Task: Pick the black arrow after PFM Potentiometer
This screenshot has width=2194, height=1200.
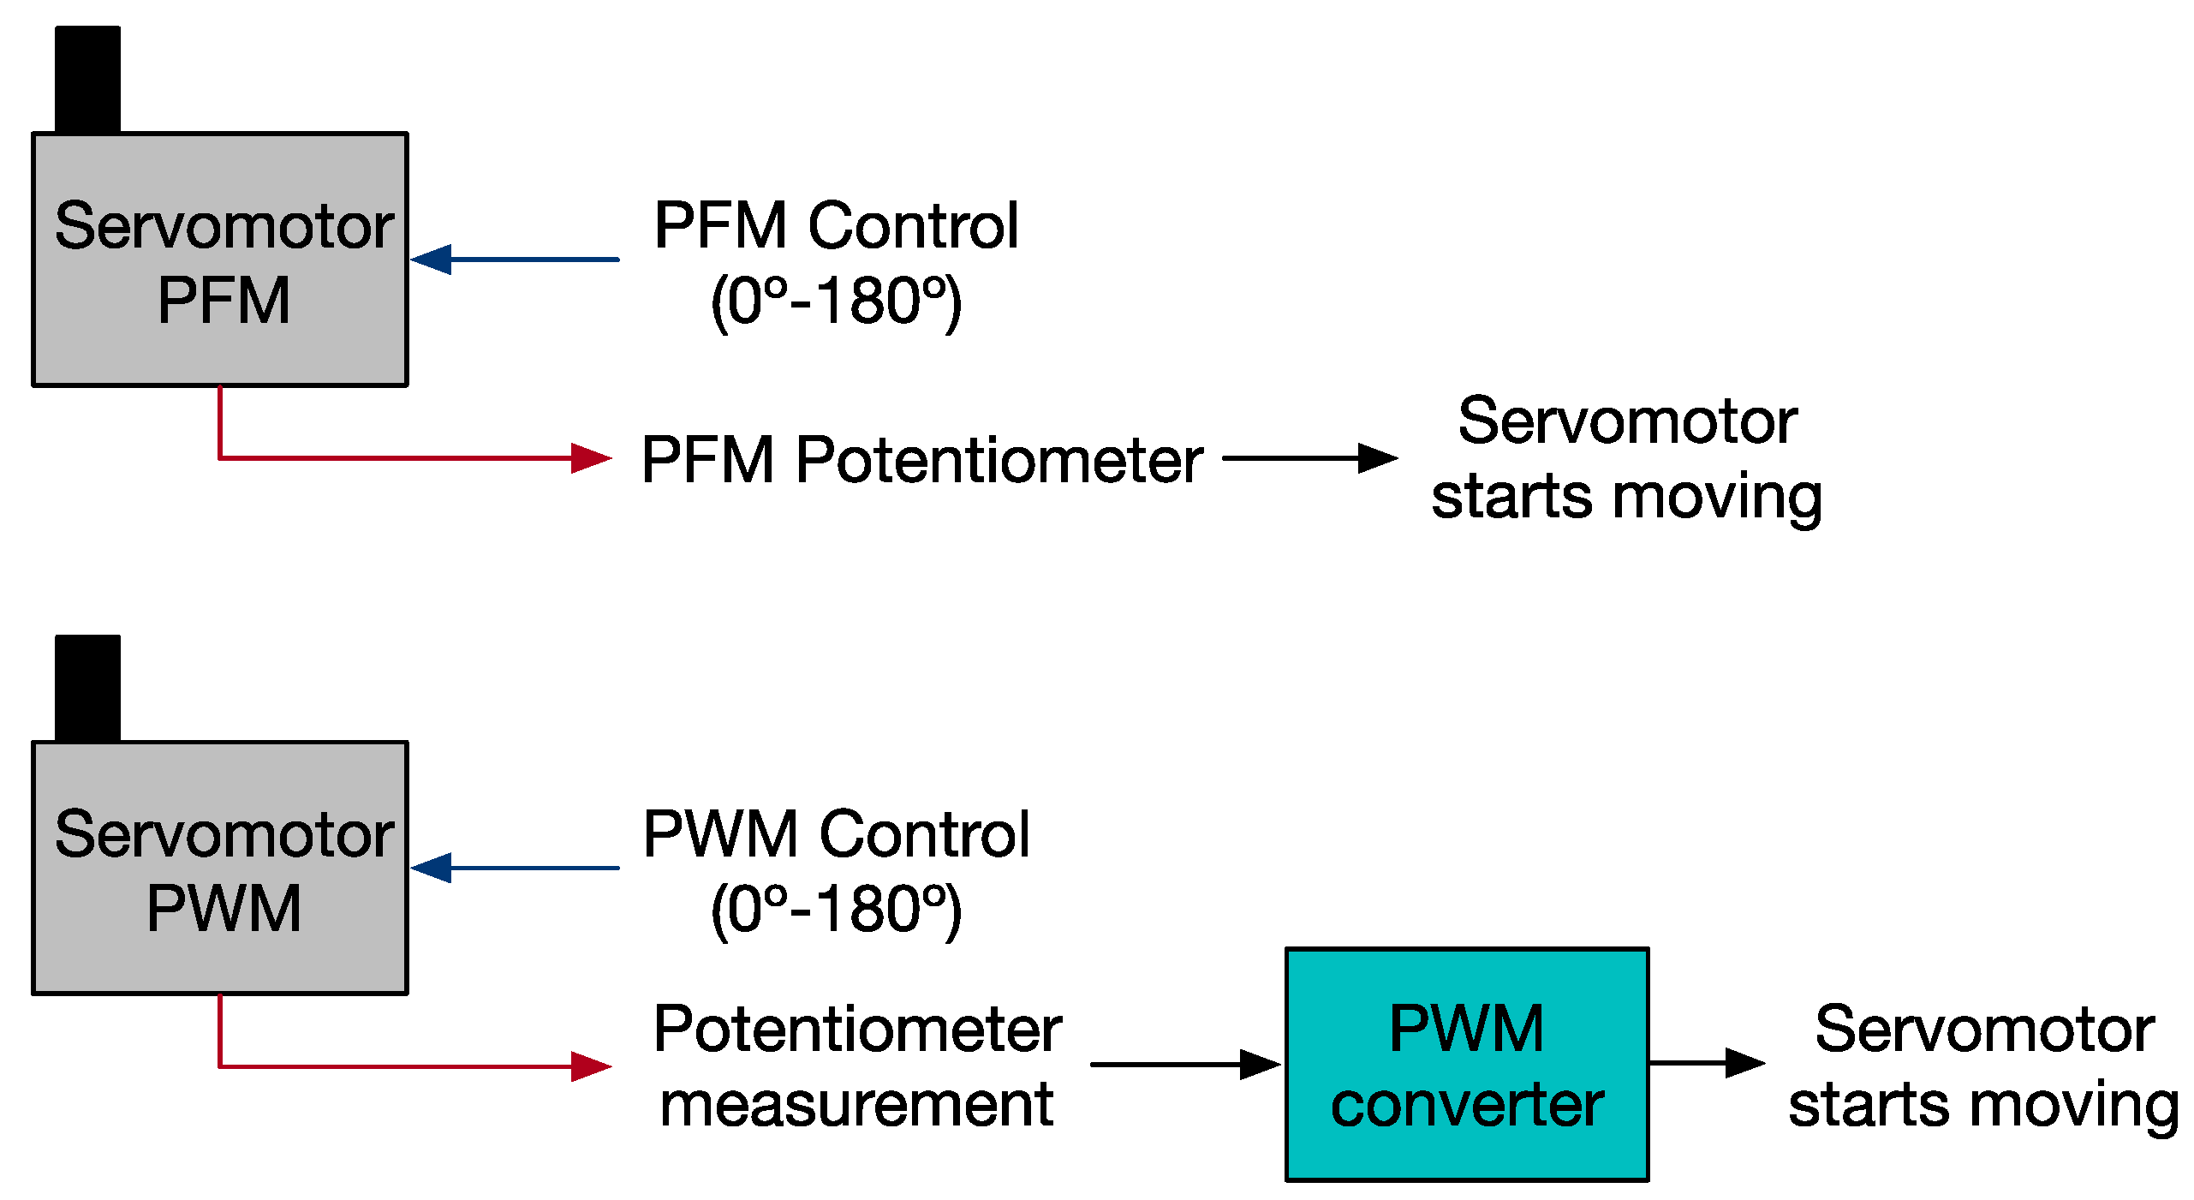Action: point(1310,458)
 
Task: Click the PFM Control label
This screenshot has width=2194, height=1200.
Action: point(836,226)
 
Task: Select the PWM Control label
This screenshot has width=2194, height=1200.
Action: point(836,834)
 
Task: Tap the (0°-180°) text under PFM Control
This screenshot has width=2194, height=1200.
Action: point(836,301)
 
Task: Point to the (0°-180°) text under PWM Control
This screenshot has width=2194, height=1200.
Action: point(836,910)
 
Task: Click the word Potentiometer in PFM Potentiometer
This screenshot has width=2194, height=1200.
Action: point(999,461)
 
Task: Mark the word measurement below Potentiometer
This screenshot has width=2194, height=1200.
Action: point(856,1105)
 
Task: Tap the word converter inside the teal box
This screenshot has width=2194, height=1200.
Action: point(1466,1105)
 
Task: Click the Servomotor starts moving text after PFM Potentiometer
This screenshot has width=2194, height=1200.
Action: point(1627,459)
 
